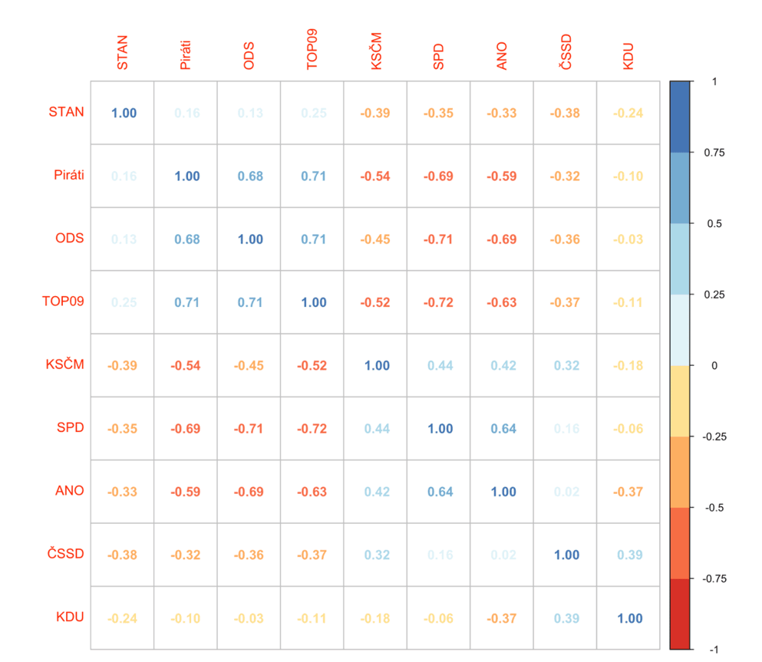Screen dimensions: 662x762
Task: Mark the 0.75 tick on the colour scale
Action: tap(713, 153)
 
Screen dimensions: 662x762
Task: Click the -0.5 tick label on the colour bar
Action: tap(713, 507)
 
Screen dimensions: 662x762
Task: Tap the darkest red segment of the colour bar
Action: tap(680, 614)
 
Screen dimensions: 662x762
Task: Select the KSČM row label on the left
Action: tap(65, 364)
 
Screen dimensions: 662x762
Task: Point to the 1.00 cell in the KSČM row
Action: tap(375, 365)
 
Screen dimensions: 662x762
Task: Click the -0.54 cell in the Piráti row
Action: tap(375, 176)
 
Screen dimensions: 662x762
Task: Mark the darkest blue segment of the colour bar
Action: tap(680, 115)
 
